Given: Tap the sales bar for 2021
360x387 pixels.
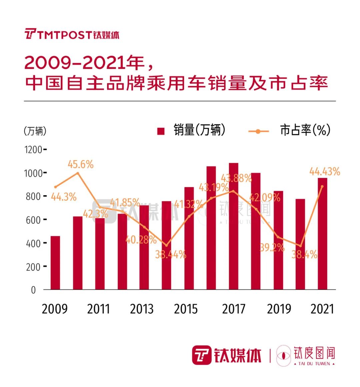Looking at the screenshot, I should coord(322,234).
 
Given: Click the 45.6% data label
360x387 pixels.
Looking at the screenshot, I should coord(81,164).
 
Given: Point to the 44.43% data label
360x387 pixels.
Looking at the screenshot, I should coord(325,172).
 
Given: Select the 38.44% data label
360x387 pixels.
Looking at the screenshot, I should coord(170,255).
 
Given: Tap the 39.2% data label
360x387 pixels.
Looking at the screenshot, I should coord(272,248).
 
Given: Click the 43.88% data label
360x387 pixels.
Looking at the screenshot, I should coord(236,178).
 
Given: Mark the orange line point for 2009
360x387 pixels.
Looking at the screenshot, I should coord(55,187).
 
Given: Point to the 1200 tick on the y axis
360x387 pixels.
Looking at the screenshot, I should coord(34,149).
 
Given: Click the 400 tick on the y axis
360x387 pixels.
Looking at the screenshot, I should coord(34,243).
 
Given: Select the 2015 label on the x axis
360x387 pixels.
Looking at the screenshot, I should coord(186,309).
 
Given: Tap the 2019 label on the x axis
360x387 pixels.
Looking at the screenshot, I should coord(279,309).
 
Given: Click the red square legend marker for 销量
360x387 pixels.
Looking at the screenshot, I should coord(161,131).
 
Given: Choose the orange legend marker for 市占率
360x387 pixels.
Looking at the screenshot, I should coord(259,131).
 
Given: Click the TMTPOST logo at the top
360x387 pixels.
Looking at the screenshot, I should coord(72,34).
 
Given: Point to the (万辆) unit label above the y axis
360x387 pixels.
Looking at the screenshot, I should coord(35,131).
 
